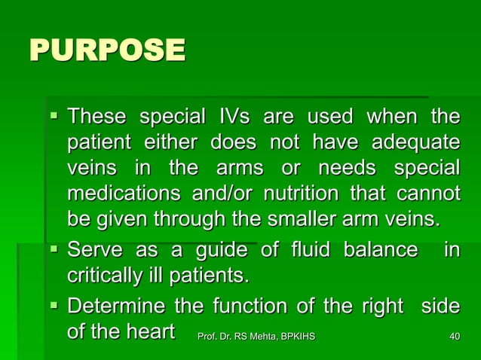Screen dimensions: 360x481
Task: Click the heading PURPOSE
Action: tap(106, 51)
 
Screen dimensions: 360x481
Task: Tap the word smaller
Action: tap(311, 219)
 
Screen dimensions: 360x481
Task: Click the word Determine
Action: tap(117, 307)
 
